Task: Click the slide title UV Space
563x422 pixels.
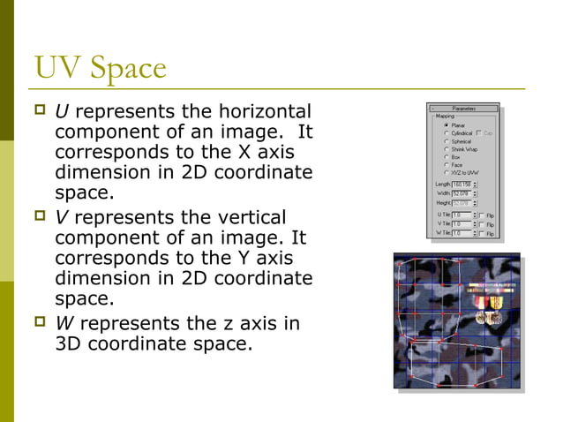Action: (99, 68)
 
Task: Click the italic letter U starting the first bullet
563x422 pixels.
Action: (61, 112)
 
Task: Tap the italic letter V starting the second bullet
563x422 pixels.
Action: (61, 217)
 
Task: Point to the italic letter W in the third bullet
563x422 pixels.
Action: (64, 323)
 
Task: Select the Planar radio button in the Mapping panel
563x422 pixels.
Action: (447, 125)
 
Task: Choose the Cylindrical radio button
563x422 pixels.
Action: (447, 133)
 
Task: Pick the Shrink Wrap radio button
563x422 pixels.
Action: (447, 149)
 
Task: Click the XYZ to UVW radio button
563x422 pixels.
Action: (447, 173)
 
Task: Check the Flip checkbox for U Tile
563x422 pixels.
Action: (482, 215)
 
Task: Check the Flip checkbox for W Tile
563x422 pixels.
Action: (482, 234)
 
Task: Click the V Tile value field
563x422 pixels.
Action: (460, 224)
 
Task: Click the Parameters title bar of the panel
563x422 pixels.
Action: (464, 109)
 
